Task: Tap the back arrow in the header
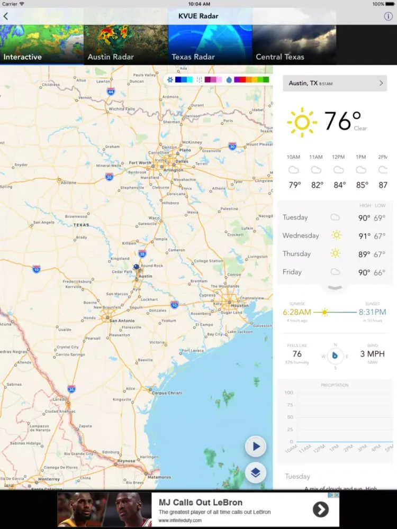click(x=6, y=16)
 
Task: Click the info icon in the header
click(x=388, y=16)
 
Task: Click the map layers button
click(x=256, y=472)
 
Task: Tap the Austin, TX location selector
click(x=335, y=83)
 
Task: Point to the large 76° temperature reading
click(x=342, y=121)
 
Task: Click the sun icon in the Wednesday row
click(x=336, y=235)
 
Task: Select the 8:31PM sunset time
click(x=373, y=312)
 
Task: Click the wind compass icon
click(x=335, y=356)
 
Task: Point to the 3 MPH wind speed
click(x=373, y=354)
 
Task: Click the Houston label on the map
click(x=240, y=305)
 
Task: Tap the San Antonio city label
click(x=122, y=321)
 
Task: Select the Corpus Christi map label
click(x=167, y=393)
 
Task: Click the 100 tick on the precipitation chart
click(x=289, y=393)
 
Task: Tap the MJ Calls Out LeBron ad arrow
click(x=320, y=509)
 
